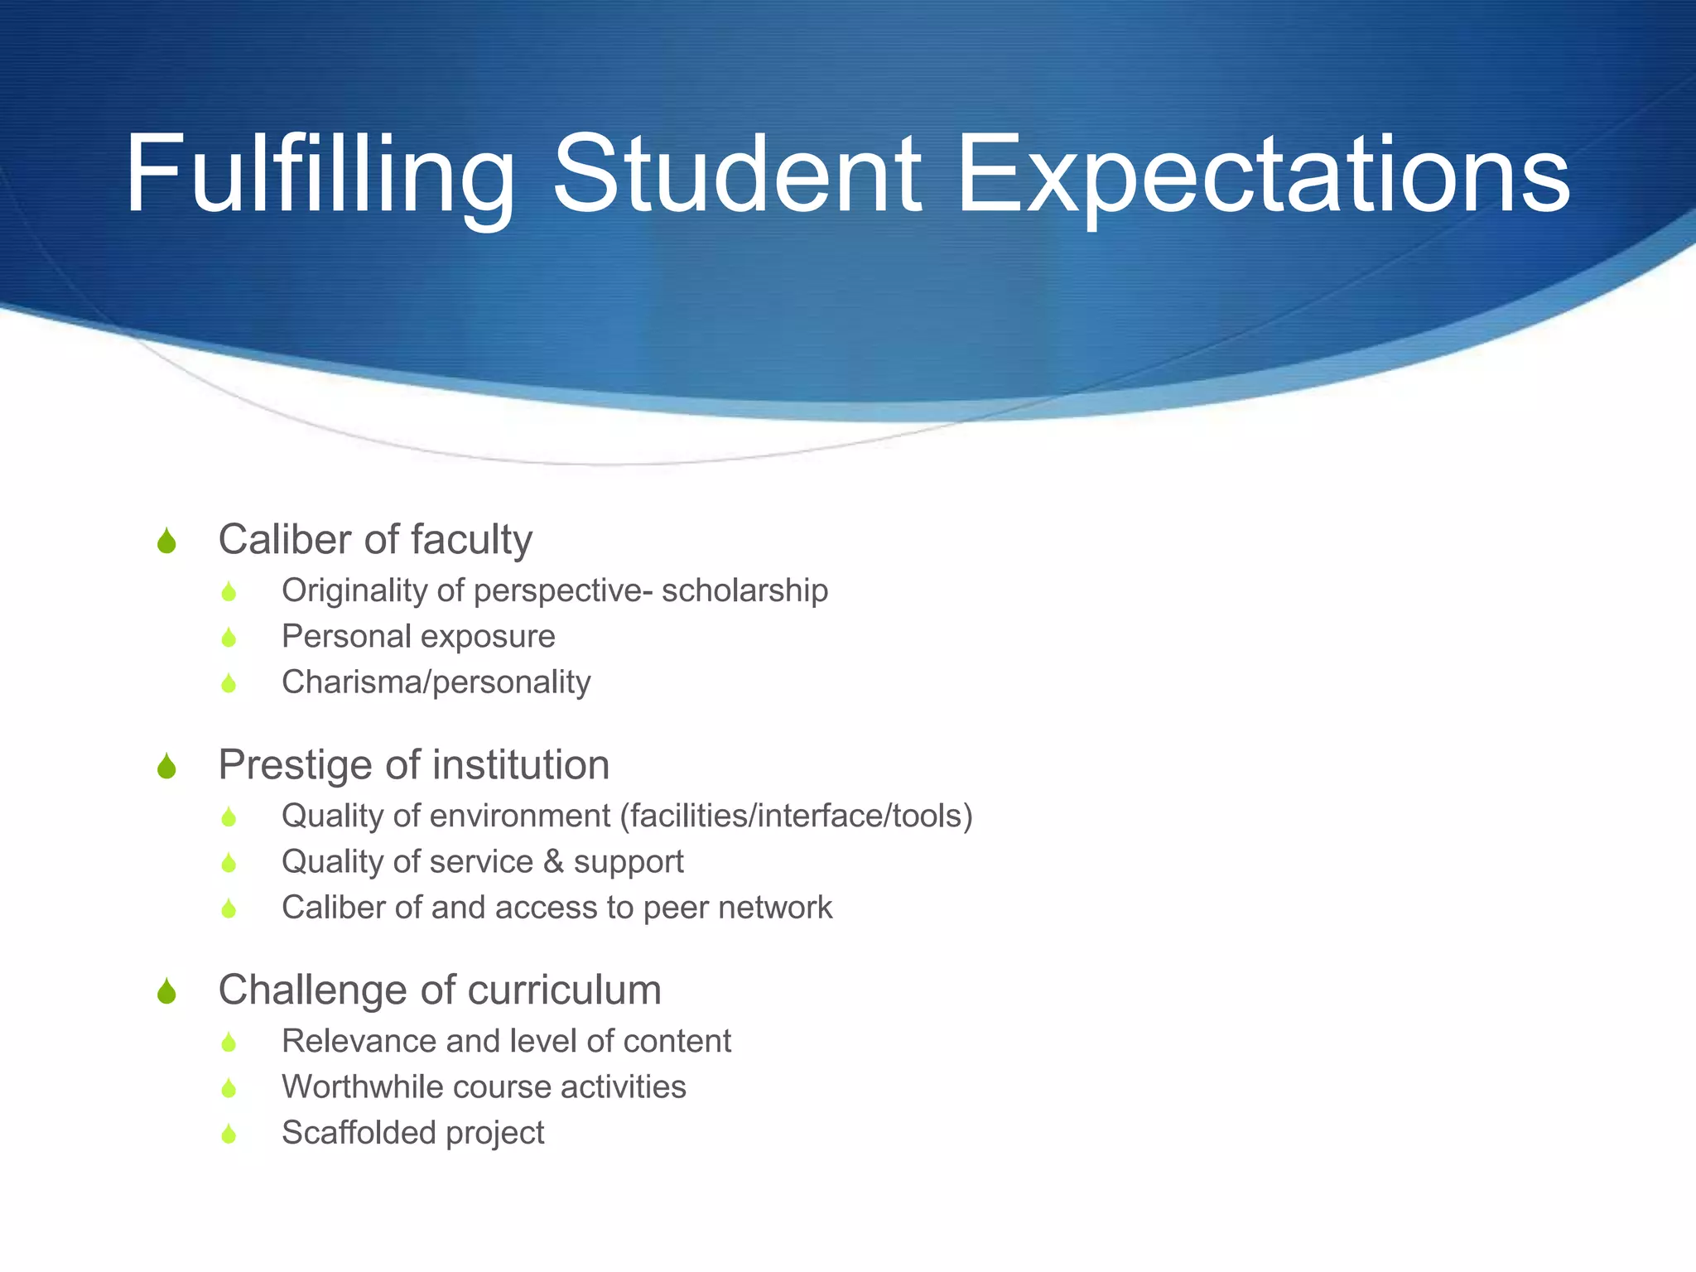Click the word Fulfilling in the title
320,176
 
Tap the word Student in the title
736,176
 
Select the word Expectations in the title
1262,176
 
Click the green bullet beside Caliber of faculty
166,542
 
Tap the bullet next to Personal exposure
229,638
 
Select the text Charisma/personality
436,682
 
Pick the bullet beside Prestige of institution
166,767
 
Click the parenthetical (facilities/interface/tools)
796,816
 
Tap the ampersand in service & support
553,861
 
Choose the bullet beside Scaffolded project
229,1134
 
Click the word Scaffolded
358,1132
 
